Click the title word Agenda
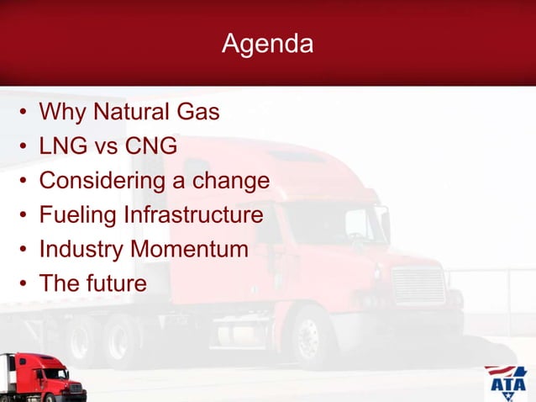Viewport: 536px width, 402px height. (x=267, y=44)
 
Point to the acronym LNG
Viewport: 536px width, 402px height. (x=62, y=146)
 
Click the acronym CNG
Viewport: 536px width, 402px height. (x=150, y=146)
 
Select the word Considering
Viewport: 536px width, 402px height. (x=102, y=181)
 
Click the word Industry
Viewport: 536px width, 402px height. (x=81, y=250)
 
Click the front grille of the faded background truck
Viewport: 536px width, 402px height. (x=418, y=287)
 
